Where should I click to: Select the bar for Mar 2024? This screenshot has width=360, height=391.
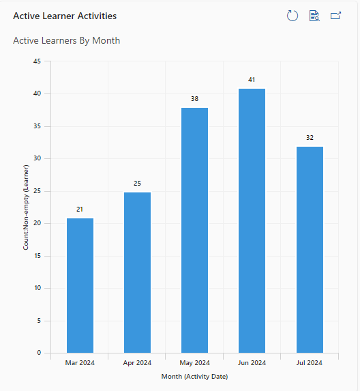pyautogui.click(x=80, y=285)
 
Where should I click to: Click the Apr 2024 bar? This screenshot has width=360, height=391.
pyautogui.click(x=137, y=272)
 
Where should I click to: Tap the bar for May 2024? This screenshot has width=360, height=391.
pyautogui.click(x=194, y=231)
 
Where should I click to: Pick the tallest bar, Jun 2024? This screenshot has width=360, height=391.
pyautogui.click(x=252, y=220)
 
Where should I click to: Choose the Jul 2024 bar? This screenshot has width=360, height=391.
pyautogui.click(x=310, y=250)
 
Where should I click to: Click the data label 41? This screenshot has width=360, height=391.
pyautogui.click(x=252, y=80)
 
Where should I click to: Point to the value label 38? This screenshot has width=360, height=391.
pyautogui.click(x=194, y=99)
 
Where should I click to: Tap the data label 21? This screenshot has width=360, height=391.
pyautogui.click(x=80, y=209)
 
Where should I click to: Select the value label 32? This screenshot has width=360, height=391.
pyautogui.click(x=310, y=138)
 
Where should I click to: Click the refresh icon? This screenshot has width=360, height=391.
pyautogui.click(x=292, y=16)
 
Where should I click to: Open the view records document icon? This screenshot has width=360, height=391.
pyautogui.click(x=314, y=16)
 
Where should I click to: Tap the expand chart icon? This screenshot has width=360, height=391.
pyautogui.click(x=335, y=16)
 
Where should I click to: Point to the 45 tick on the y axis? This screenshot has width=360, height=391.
pyautogui.click(x=37, y=61)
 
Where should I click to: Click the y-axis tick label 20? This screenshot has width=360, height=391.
pyautogui.click(x=37, y=223)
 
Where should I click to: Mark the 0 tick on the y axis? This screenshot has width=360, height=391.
pyautogui.click(x=39, y=353)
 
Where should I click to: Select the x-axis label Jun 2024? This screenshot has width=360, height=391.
pyautogui.click(x=252, y=363)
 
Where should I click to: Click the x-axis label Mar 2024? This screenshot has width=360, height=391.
pyautogui.click(x=80, y=363)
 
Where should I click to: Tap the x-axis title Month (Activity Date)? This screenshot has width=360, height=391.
pyautogui.click(x=194, y=377)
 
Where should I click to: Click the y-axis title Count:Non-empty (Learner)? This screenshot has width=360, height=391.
pyautogui.click(x=26, y=207)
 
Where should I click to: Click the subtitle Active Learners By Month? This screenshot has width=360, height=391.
pyautogui.click(x=67, y=41)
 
